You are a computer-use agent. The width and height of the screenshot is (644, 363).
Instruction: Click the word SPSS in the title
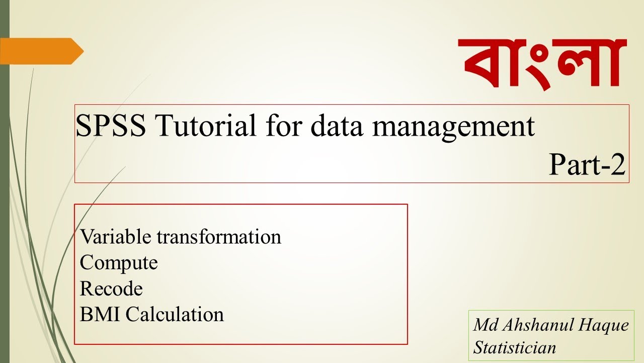pyautogui.click(x=111, y=126)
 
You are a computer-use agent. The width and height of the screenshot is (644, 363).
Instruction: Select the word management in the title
pyautogui.click(x=453, y=127)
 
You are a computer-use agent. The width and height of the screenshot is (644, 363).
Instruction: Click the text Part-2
pyautogui.click(x=587, y=164)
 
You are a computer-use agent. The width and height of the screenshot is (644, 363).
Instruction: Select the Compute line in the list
pyautogui.click(x=119, y=263)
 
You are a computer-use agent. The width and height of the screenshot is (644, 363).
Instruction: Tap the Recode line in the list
pyautogui.click(x=111, y=289)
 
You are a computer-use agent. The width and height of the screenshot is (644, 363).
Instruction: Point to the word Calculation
pyautogui.click(x=175, y=315)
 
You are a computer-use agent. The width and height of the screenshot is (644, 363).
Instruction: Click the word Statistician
pyautogui.click(x=515, y=347)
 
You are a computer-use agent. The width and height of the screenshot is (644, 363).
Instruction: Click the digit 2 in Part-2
pyautogui.click(x=618, y=164)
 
